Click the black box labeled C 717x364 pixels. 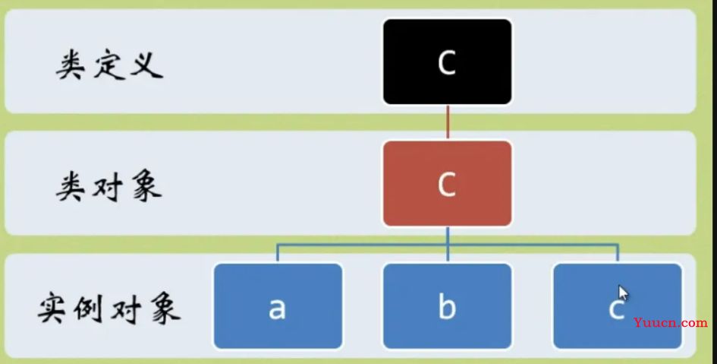click(x=447, y=62)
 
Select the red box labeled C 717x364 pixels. click(x=447, y=184)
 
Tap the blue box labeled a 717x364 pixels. click(x=278, y=305)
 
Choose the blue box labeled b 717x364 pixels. click(x=447, y=305)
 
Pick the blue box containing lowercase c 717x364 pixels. click(x=618, y=305)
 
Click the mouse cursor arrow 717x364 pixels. click(x=623, y=293)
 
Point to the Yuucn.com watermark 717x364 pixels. click(x=671, y=323)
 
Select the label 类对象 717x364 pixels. click(x=108, y=188)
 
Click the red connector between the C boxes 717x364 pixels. click(x=448, y=122)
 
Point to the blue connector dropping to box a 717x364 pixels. click(x=278, y=254)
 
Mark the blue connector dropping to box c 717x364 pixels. click(x=618, y=254)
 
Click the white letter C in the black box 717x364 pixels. click(x=447, y=62)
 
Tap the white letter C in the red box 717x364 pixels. click(x=447, y=184)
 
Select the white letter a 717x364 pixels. click(x=278, y=309)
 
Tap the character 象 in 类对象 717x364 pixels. click(x=146, y=188)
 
